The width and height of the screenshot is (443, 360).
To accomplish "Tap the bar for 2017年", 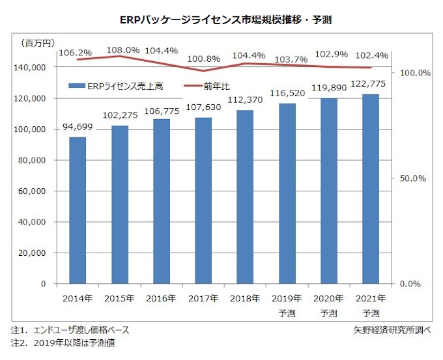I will tap(203, 201).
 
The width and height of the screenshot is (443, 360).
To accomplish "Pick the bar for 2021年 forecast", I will tap(370, 189).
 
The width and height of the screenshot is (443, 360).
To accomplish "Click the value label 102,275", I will tap(119, 116).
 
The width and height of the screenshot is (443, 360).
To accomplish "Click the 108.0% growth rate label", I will tap(119, 49).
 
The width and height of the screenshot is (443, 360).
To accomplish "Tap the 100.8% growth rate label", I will tap(203, 59).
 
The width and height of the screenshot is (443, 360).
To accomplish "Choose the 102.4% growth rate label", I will tap(370, 55).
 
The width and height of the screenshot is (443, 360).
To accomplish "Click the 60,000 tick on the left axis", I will tap(31, 191).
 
